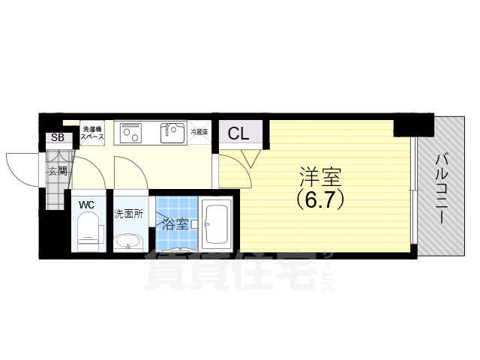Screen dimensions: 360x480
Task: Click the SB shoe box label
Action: [57, 138]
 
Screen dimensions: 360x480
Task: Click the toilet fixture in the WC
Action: [89, 229]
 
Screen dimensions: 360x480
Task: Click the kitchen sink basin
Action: [173, 133]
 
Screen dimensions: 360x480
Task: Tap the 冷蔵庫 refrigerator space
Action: [199, 132]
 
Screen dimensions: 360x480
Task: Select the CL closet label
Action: [238, 134]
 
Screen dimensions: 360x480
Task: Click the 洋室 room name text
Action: [320, 178]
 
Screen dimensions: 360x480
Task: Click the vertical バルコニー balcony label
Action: [442, 185]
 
